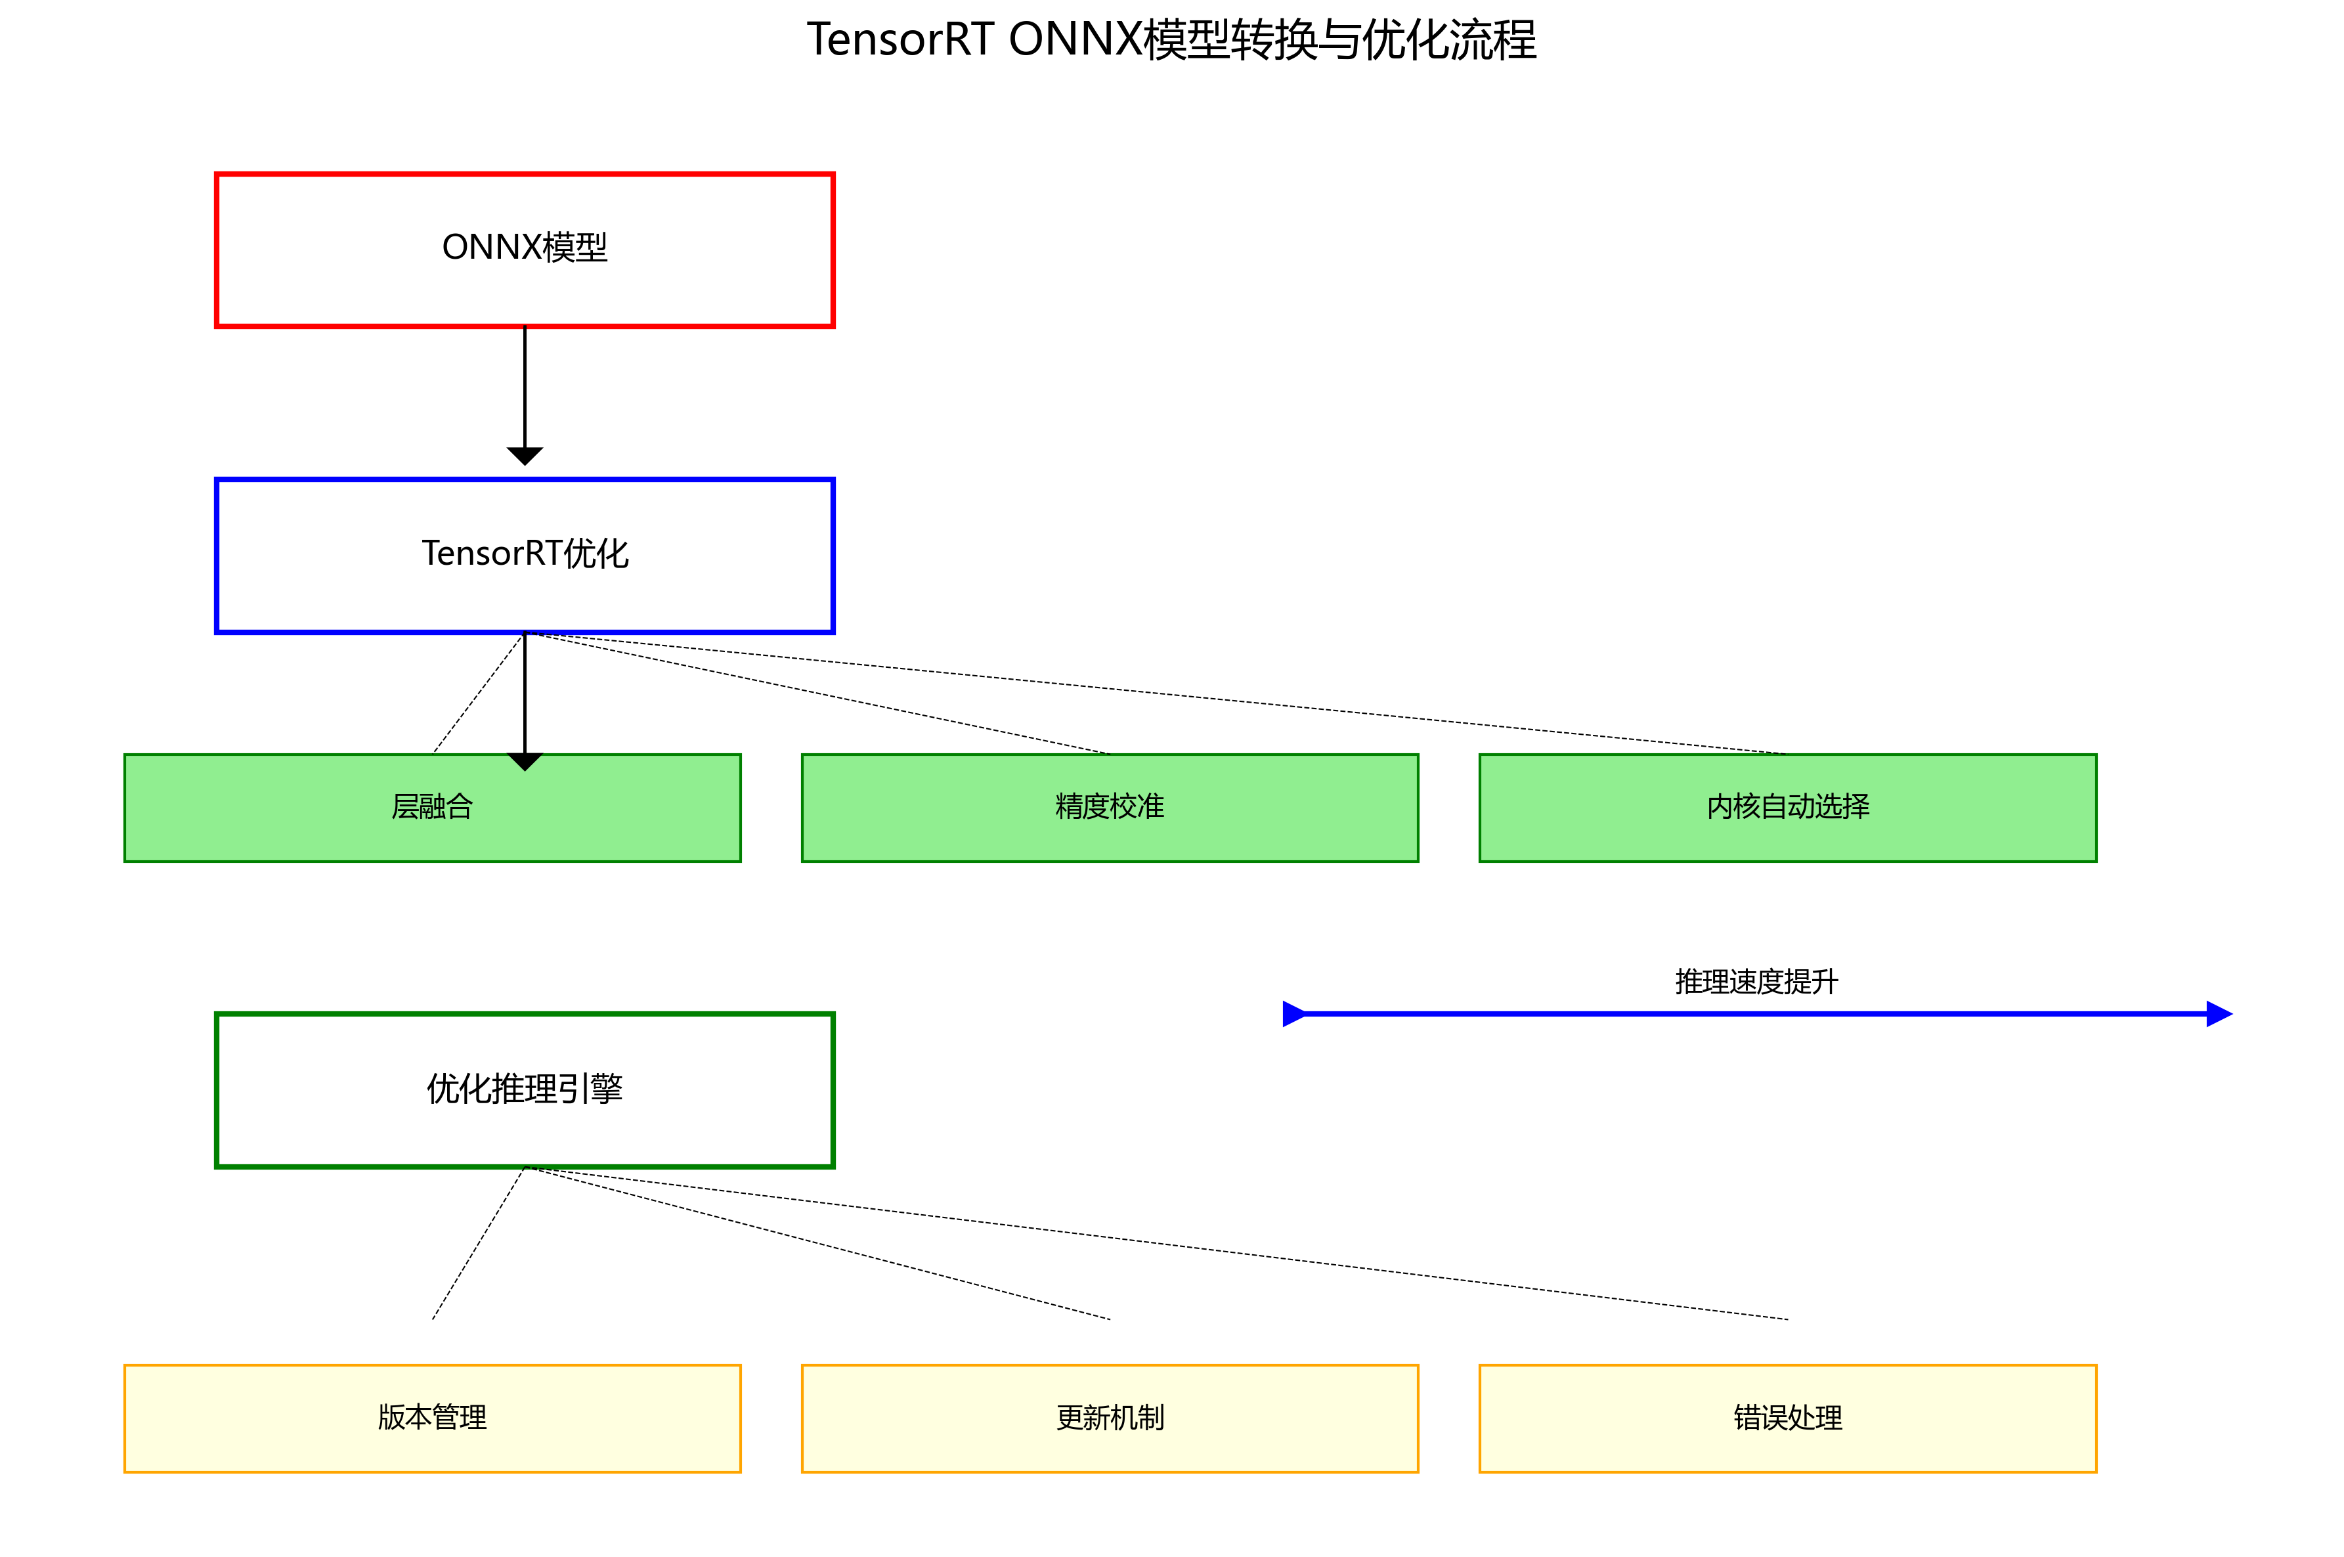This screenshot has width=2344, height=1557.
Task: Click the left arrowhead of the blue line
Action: (1293, 1014)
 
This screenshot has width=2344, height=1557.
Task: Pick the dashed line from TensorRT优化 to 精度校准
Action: (817, 692)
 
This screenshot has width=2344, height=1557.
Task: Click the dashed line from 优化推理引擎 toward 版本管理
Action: (479, 1242)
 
